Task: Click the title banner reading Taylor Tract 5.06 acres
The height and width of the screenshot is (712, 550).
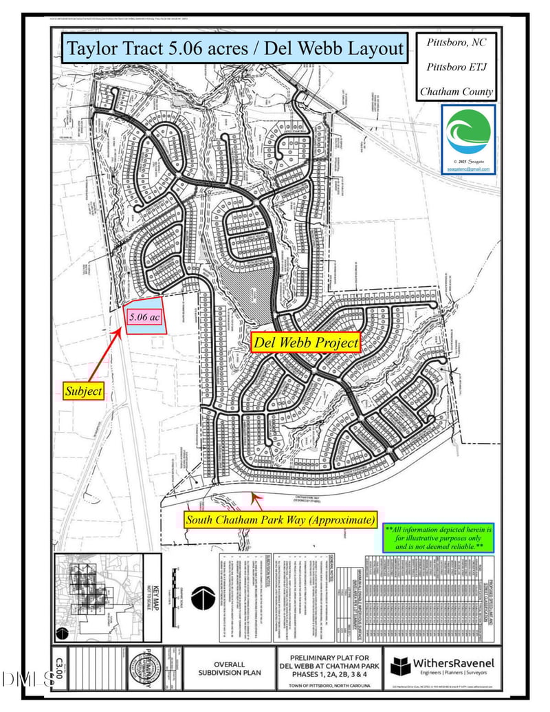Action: [x=234, y=49]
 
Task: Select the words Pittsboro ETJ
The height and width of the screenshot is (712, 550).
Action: [x=456, y=67]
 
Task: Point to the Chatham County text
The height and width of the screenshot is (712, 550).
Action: [x=456, y=91]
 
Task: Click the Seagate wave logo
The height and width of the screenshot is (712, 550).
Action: [x=468, y=133]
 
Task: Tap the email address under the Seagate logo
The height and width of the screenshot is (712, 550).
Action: [x=467, y=168]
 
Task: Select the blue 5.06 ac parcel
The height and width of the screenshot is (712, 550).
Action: [x=145, y=317]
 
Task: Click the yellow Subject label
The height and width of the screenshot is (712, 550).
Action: [x=83, y=391]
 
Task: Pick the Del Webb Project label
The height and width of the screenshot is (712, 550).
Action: [x=305, y=342]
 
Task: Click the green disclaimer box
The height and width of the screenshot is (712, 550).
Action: [x=439, y=538]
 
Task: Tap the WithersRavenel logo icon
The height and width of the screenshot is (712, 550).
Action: [x=401, y=667]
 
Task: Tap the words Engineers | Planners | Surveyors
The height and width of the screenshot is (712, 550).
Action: [x=454, y=676]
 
